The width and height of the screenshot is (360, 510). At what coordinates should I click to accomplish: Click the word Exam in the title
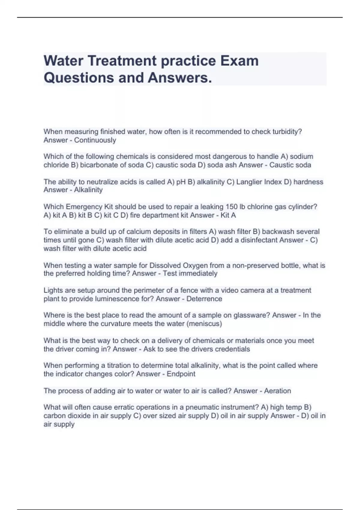(240, 61)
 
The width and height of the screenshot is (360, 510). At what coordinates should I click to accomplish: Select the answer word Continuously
(95, 140)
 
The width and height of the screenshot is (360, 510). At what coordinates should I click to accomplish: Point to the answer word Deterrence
(204, 299)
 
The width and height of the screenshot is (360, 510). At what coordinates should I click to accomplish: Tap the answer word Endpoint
(181, 374)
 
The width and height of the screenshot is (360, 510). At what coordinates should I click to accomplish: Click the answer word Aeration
(277, 391)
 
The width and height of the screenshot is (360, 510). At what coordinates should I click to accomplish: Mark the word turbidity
(287, 132)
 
